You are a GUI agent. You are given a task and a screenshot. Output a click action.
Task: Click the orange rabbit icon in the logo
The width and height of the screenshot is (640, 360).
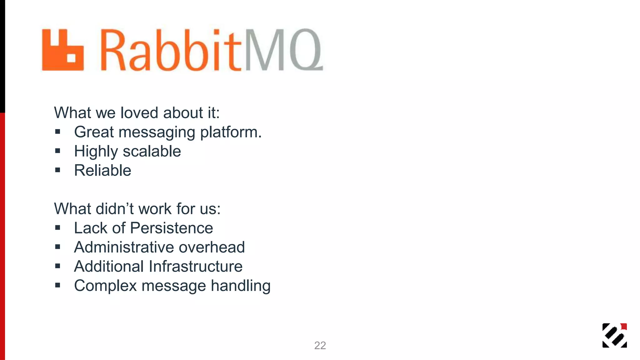click(x=63, y=50)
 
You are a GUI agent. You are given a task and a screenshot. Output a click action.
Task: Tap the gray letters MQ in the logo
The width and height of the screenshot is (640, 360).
click(x=283, y=50)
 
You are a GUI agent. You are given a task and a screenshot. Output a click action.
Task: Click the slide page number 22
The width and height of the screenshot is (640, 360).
click(x=320, y=345)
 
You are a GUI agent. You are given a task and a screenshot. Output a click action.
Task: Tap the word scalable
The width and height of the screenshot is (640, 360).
click(x=152, y=151)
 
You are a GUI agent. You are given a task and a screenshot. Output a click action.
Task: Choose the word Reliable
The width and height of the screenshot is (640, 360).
click(x=102, y=171)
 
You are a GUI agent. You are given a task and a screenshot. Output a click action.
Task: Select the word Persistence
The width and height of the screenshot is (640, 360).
click(x=172, y=228)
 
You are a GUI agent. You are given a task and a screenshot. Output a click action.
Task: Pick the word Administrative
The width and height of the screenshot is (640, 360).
click(x=124, y=247)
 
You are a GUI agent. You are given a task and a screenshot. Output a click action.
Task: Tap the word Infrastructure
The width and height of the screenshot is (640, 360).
click(x=196, y=267)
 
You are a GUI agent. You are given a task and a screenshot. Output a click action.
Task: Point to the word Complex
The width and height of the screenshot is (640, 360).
click(x=105, y=286)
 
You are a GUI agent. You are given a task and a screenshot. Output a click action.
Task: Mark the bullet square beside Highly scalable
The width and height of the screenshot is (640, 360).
click(x=57, y=151)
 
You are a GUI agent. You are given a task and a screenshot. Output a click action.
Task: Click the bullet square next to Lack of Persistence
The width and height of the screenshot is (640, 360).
click(x=57, y=228)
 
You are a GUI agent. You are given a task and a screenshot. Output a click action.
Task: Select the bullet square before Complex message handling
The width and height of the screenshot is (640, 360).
click(x=57, y=285)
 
